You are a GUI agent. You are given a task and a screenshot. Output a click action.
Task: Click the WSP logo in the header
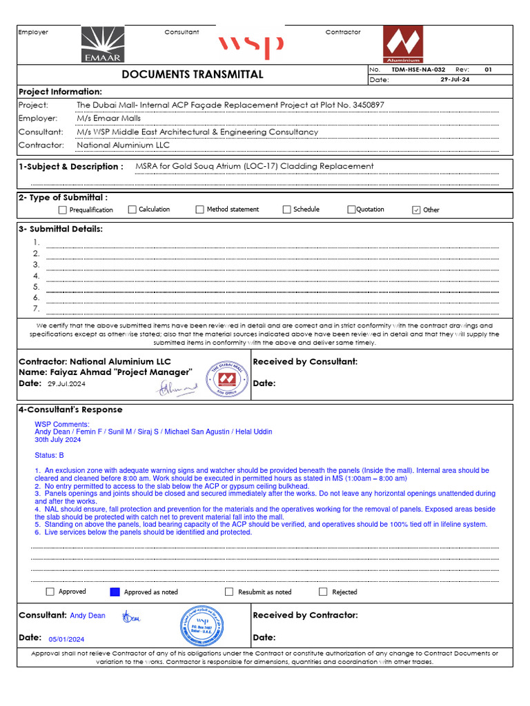pos(251,46)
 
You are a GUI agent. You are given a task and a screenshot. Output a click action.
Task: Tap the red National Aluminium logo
pos(403,45)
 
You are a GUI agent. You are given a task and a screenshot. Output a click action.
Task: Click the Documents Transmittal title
pos(193,74)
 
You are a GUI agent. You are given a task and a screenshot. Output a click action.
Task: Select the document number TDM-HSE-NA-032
pos(418,70)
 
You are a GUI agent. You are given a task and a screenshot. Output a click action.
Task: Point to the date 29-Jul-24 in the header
pos(455,79)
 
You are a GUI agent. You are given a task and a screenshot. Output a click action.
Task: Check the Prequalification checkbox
pos(63,210)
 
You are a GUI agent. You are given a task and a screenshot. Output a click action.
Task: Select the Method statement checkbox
pos(199,210)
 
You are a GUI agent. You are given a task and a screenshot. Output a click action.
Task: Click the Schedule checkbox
pos(286,210)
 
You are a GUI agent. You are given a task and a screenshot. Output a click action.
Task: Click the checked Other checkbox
pos(416,210)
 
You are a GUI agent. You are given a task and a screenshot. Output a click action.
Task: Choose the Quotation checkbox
pos(351,210)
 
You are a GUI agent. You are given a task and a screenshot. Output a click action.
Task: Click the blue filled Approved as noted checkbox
pos(115,592)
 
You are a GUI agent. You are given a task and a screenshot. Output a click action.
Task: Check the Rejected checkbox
pos(323,592)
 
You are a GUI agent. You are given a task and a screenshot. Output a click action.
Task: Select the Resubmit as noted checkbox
pos(229,592)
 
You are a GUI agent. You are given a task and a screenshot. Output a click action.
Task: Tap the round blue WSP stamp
pos(202,626)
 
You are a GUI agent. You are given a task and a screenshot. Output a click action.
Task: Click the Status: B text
pos(50,456)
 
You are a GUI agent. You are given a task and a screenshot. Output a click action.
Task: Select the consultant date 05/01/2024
pos(66,639)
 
